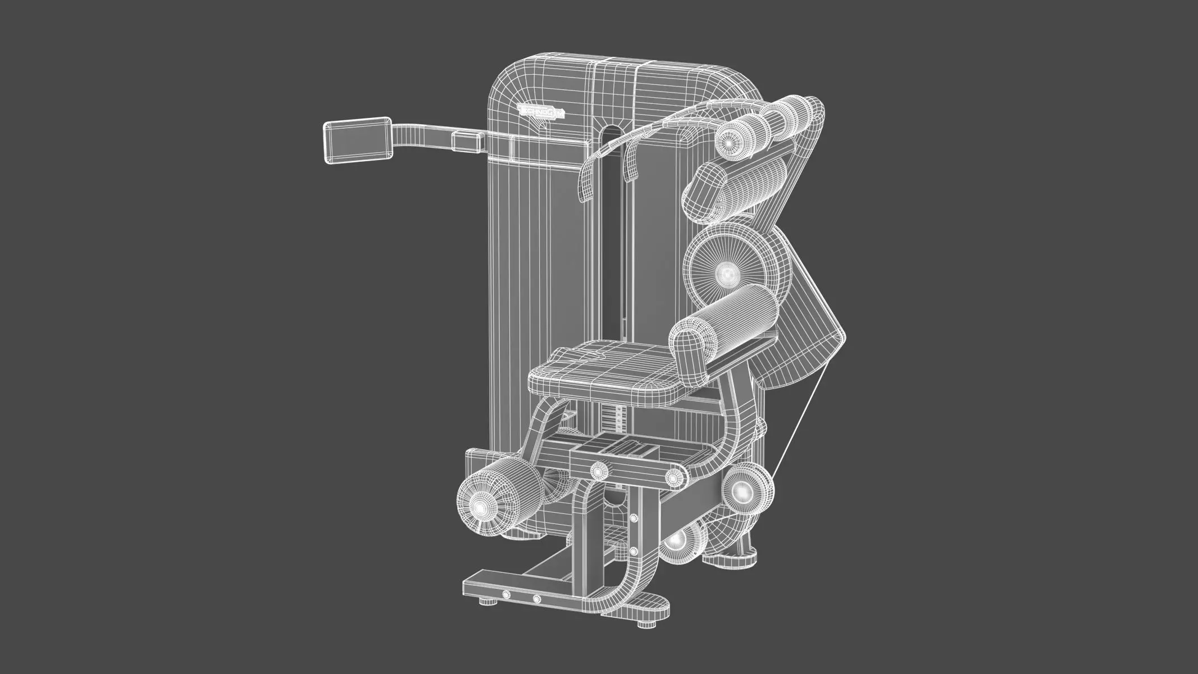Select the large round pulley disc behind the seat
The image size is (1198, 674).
[x=728, y=274]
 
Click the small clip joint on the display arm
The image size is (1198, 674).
[x=468, y=141]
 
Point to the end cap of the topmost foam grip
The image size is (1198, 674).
[x=730, y=143]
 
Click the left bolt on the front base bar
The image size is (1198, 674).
[x=507, y=595]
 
